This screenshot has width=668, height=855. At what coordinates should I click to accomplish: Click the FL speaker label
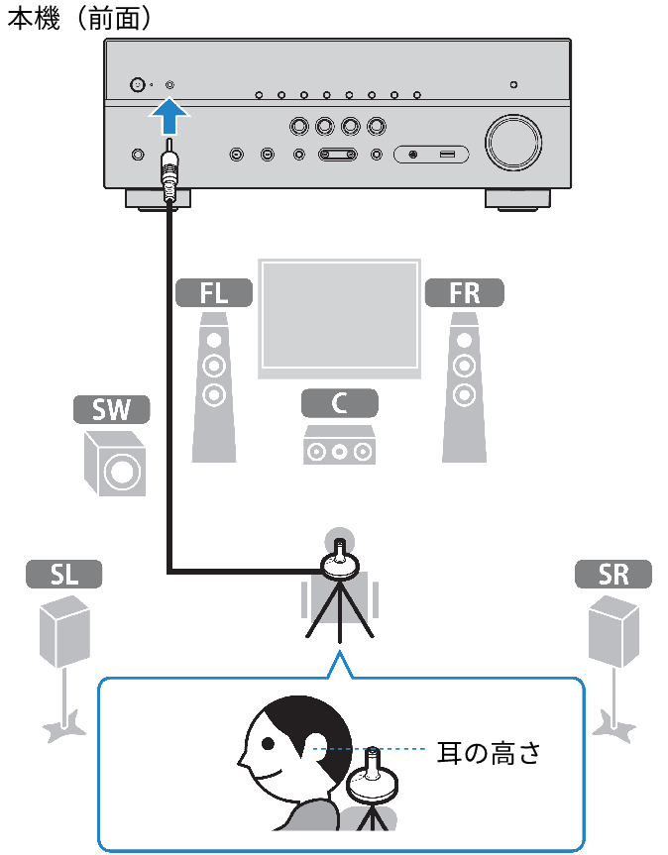pyautogui.click(x=214, y=292)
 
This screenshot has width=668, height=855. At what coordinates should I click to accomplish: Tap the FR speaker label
pyautogui.click(x=464, y=292)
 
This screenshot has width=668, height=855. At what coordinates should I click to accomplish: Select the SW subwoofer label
pyautogui.click(x=111, y=410)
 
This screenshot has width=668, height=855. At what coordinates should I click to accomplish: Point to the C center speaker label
pyautogui.click(x=340, y=402)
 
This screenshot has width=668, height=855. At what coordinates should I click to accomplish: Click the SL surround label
pyautogui.click(x=62, y=574)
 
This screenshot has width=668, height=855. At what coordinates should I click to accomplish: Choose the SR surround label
pyautogui.click(x=613, y=574)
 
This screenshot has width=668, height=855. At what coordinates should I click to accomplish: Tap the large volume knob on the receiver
pyautogui.click(x=512, y=144)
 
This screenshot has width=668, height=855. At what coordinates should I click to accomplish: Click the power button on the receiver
pyautogui.click(x=137, y=85)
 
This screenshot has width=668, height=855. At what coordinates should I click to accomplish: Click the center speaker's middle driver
pyautogui.click(x=340, y=452)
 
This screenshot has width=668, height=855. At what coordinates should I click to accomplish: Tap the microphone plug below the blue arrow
pyautogui.click(x=169, y=174)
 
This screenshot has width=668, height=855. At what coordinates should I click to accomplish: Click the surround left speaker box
pyautogui.click(x=64, y=630)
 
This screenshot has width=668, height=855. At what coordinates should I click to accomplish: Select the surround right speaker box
pyautogui.click(x=613, y=630)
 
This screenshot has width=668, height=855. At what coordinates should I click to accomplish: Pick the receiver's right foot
pyautogui.click(x=517, y=198)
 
